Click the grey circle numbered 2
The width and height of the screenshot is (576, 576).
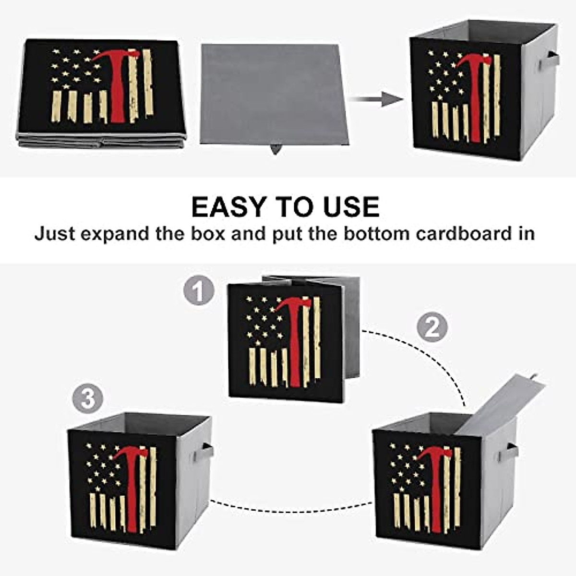pos(432,328)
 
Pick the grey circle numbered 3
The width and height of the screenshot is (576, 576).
pos(88,399)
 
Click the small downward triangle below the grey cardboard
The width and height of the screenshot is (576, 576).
pos(275,149)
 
